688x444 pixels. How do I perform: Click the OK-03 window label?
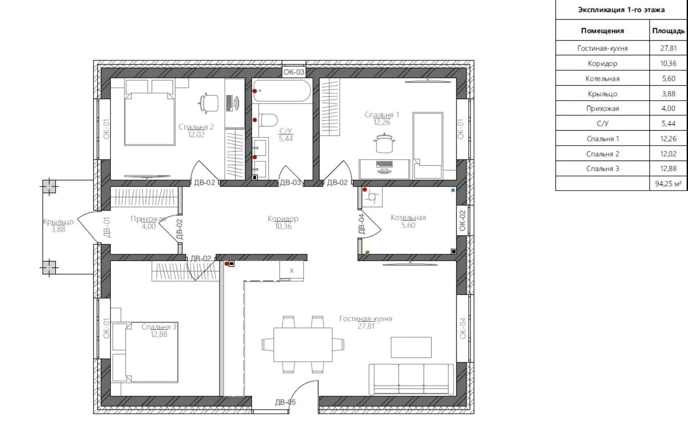tap(294, 72)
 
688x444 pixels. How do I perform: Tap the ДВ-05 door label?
tap(285, 402)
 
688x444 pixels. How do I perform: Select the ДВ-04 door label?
tap(361, 224)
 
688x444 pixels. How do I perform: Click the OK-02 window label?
tap(463, 220)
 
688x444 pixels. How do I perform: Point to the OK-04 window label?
tap(463, 328)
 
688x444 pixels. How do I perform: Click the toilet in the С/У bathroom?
tap(269, 120)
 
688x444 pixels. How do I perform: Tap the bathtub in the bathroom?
tap(282, 91)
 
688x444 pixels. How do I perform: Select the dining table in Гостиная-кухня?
tap(303, 345)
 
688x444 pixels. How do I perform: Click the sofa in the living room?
tap(411, 379)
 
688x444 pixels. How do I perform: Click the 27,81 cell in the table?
tap(668, 48)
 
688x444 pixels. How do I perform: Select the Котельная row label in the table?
tap(602, 79)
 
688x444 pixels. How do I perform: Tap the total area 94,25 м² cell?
tap(668, 184)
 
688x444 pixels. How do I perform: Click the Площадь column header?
tap(668, 31)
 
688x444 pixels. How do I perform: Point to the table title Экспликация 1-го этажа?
tap(621, 10)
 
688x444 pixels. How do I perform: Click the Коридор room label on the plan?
tap(283, 219)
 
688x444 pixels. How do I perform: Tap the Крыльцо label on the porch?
tap(58, 222)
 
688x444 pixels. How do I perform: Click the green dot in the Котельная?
tap(367, 252)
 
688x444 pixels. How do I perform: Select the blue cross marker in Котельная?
tap(453, 190)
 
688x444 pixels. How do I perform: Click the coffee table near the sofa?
tap(411, 347)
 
